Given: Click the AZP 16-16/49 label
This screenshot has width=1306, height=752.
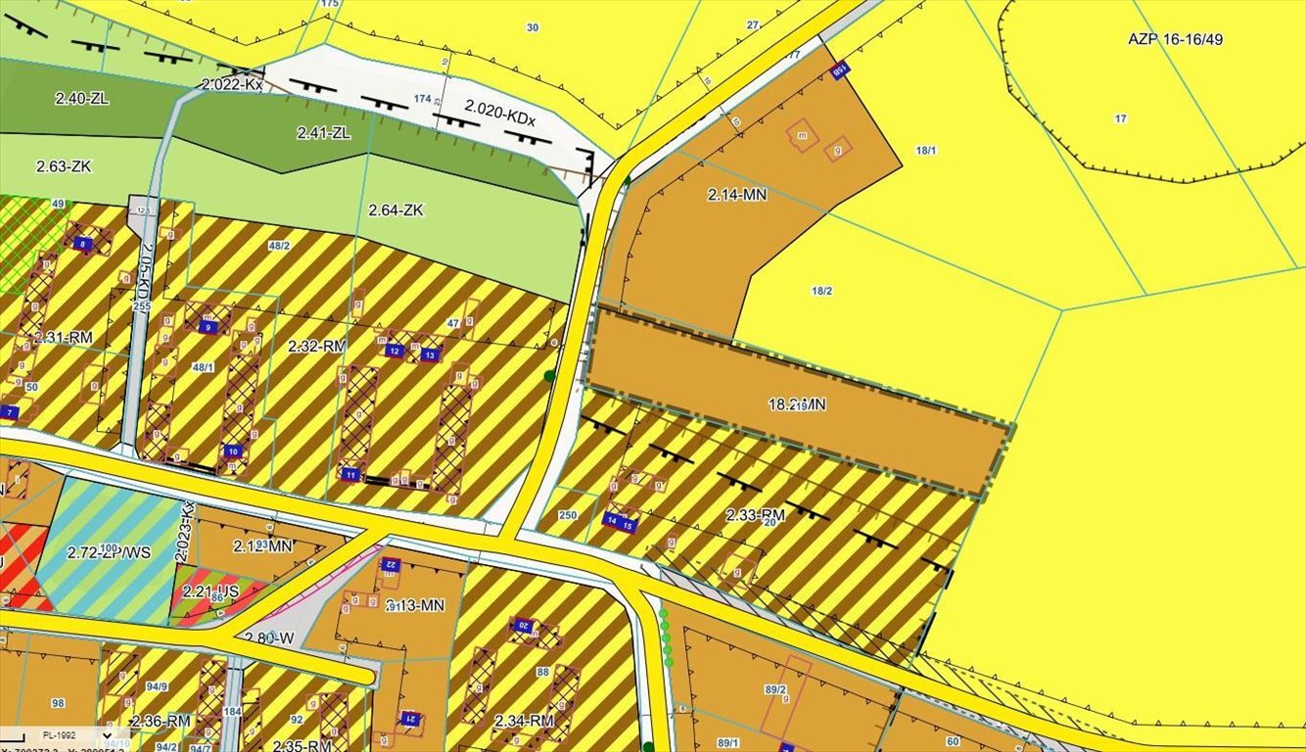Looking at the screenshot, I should click(x=1175, y=40).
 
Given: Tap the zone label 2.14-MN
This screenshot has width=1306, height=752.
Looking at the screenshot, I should click(x=737, y=195).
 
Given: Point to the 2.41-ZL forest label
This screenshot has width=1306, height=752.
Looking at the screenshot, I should click(x=323, y=131).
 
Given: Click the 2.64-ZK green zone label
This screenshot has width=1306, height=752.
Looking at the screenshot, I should click(x=396, y=211).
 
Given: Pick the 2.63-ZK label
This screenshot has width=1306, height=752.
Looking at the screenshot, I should click(x=64, y=166).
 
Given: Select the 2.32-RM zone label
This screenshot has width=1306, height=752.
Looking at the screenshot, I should click(x=317, y=346).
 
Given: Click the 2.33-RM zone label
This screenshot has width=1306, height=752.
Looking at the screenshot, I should click(x=756, y=514).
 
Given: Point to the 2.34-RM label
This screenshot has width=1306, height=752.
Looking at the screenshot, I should click(x=524, y=722).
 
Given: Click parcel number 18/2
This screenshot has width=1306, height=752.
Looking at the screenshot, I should click(x=821, y=291).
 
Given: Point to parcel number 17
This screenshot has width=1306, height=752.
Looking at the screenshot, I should click(x=1120, y=118).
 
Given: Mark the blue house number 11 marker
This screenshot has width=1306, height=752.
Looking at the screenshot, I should click(x=350, y=475).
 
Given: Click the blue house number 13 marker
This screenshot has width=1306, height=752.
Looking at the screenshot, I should click(x=429, y=355).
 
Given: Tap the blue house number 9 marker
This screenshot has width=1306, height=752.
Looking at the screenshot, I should click(x=208, y=327).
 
